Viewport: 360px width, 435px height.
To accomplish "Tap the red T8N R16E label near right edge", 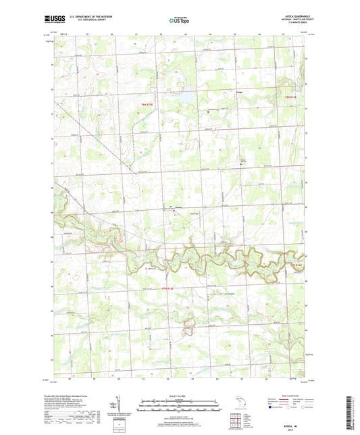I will [x=288, y=99].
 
